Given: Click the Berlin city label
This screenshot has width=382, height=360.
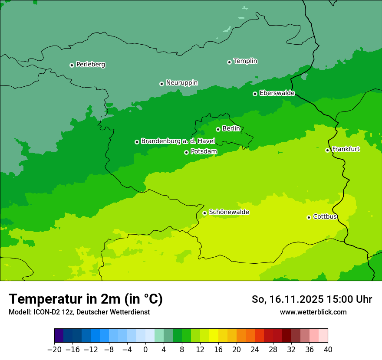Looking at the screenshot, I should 231,128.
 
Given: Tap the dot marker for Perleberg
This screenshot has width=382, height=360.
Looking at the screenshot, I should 72,65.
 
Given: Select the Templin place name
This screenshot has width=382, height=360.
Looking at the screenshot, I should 245,61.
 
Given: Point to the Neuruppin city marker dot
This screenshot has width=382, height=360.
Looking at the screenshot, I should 161,84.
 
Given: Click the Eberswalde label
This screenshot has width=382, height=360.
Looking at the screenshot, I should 277,93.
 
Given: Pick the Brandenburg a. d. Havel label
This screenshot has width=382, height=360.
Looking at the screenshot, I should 178,141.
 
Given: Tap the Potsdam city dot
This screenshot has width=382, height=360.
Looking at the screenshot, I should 186,152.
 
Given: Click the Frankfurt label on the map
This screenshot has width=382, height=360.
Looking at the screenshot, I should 346,149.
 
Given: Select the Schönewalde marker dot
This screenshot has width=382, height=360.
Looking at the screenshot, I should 204,213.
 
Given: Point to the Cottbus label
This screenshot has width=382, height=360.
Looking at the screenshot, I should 325,216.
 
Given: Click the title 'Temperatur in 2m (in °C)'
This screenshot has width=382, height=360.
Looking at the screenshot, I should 86,299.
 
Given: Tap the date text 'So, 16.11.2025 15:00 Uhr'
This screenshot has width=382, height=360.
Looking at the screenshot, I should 312,299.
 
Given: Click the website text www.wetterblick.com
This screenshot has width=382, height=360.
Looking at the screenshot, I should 313,312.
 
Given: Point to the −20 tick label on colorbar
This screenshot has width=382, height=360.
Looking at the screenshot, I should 54,350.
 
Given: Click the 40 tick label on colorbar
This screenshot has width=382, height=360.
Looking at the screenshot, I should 328,350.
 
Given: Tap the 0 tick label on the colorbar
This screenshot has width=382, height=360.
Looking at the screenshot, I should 145,350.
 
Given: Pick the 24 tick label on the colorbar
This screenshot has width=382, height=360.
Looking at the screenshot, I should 255,350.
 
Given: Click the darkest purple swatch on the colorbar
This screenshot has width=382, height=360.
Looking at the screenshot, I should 59,336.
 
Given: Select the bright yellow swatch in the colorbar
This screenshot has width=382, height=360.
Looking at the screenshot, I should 214,336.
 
